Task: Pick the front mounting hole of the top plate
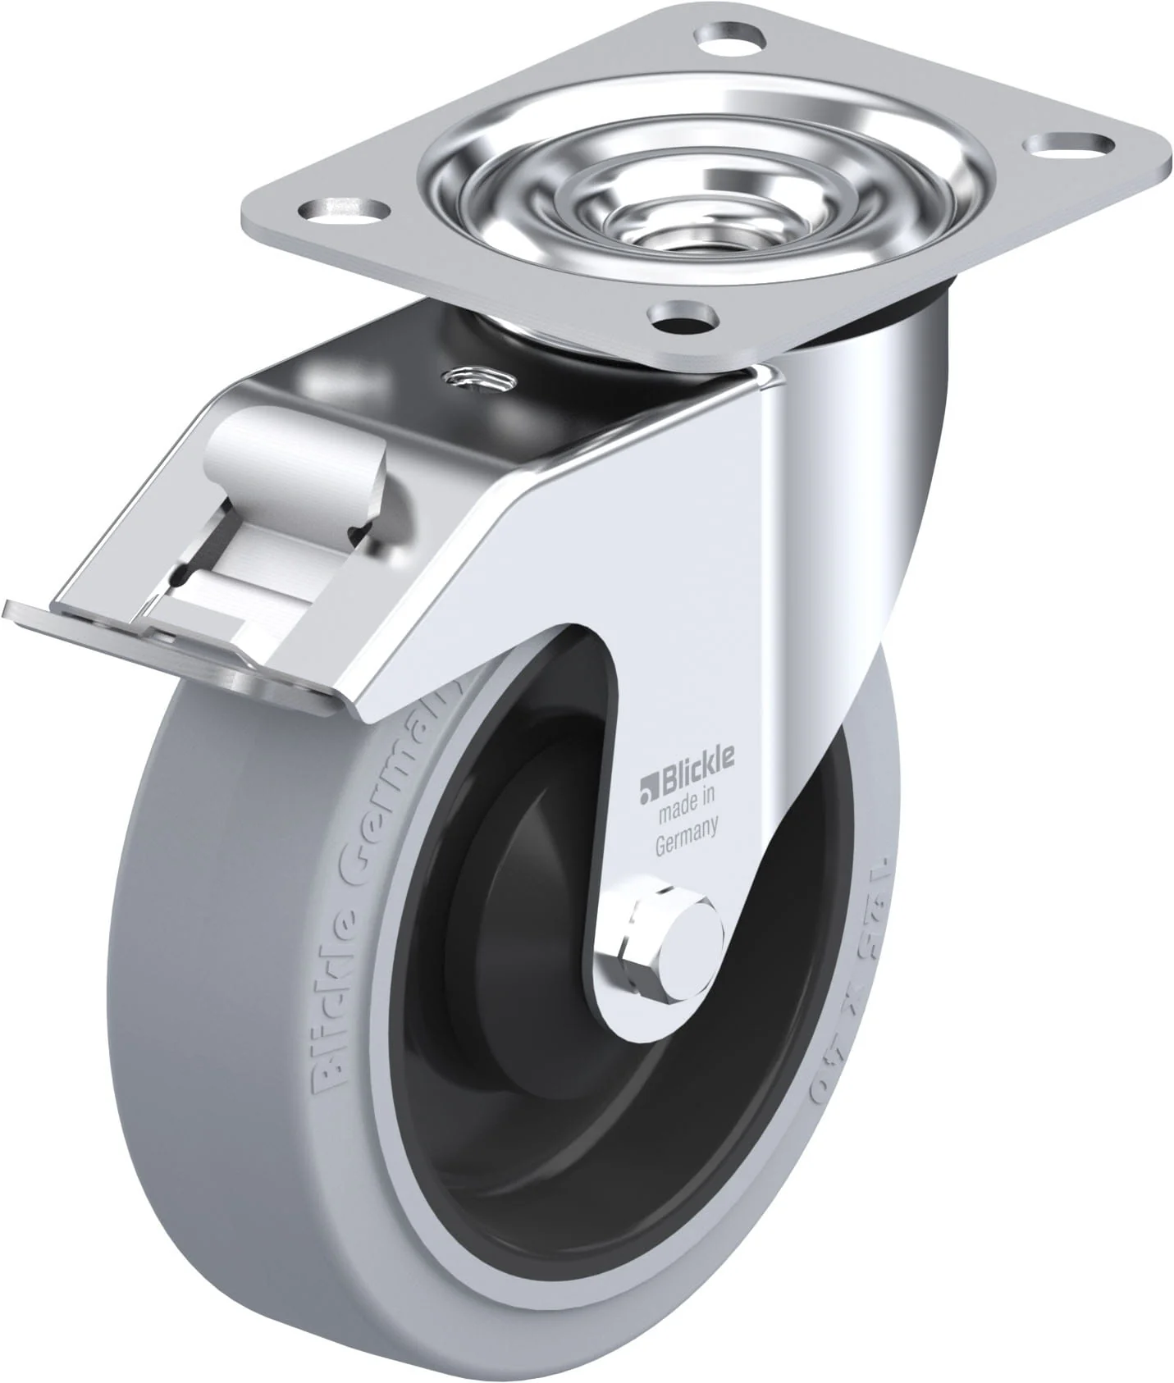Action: coord(680,314)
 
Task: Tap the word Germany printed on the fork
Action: coord(687,843)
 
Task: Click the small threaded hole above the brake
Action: coord(477,378)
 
